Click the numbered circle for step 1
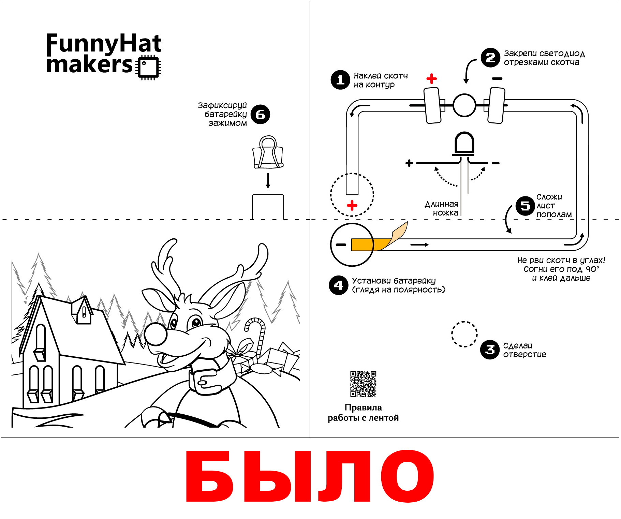(x=340, y=80)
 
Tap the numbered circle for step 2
(x=490, y=58)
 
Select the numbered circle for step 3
(x=490, y=350)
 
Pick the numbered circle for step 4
(x=339, y=285)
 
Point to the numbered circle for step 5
(x=525, y=206)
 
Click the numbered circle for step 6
(x=260, y=114)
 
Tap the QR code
(x=363, y=384)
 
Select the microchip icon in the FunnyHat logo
(x=148, y=67)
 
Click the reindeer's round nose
(x=156, y=333)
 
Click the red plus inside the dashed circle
(x=352, y=205)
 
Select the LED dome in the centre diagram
(x=464, y=143)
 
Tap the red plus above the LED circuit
(x=431, y=79)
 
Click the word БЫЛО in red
(x=310, y=476)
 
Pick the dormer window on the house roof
(x=82, y=310)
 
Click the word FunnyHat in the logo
(x=104, y=44)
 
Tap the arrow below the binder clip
(x=268, y=181)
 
